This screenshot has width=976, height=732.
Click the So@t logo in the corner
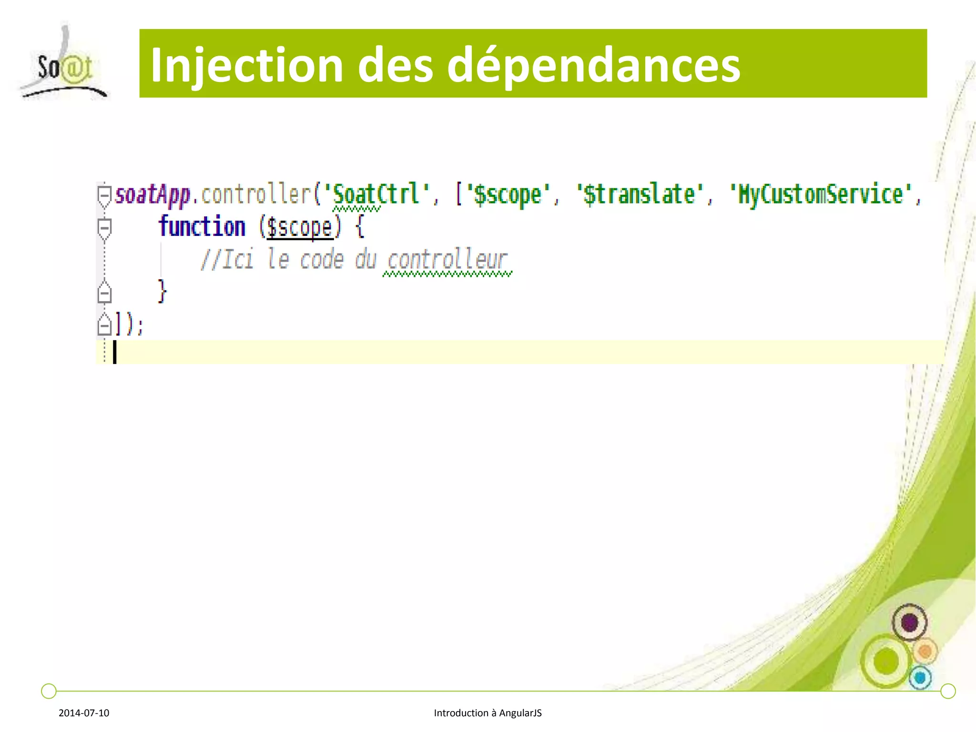64,64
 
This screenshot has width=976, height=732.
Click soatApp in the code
152,194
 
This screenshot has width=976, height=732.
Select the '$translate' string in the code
639,194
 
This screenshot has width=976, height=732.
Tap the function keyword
202,226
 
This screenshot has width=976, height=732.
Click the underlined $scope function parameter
300,227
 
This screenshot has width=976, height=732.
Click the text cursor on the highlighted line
114,352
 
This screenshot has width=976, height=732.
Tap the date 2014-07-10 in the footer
84,713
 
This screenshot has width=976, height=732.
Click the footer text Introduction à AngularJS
488,713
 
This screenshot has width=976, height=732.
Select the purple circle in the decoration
909,622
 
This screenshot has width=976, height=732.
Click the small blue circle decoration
920,677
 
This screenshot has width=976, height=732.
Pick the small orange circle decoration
925,651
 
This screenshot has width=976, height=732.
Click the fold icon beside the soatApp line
104,194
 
